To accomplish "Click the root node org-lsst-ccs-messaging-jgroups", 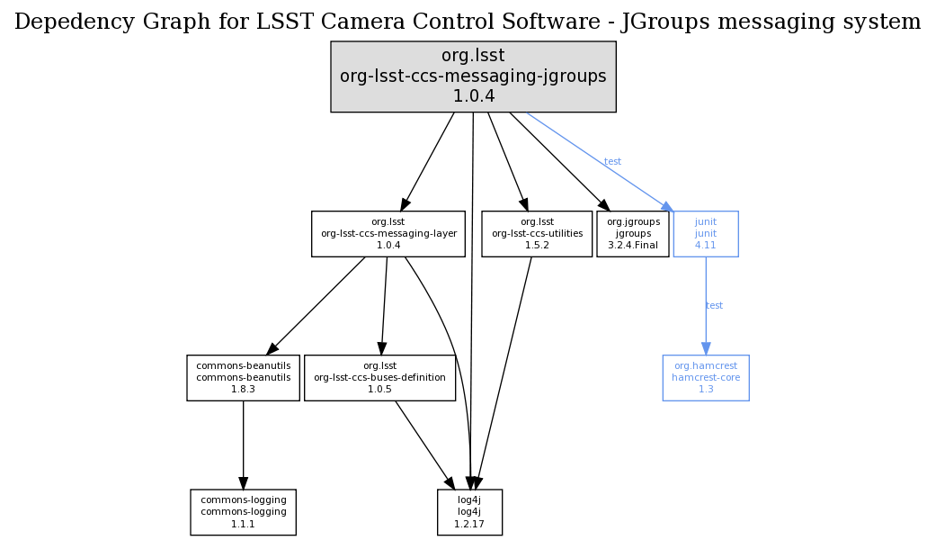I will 473,76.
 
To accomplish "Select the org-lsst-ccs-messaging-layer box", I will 388,234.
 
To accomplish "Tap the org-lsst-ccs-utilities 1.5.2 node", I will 537,234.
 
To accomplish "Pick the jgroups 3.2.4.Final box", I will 633,234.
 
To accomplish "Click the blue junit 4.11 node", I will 706,234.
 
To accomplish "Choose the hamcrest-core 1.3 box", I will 706,378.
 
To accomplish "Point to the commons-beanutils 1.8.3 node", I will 243,378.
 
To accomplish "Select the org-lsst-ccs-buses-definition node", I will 379,378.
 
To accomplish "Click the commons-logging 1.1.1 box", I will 243,512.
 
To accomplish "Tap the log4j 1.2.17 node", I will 469,512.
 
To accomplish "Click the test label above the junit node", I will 612,162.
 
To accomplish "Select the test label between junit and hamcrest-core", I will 714,306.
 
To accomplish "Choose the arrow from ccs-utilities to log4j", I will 504,369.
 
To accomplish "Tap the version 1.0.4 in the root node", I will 473,96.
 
